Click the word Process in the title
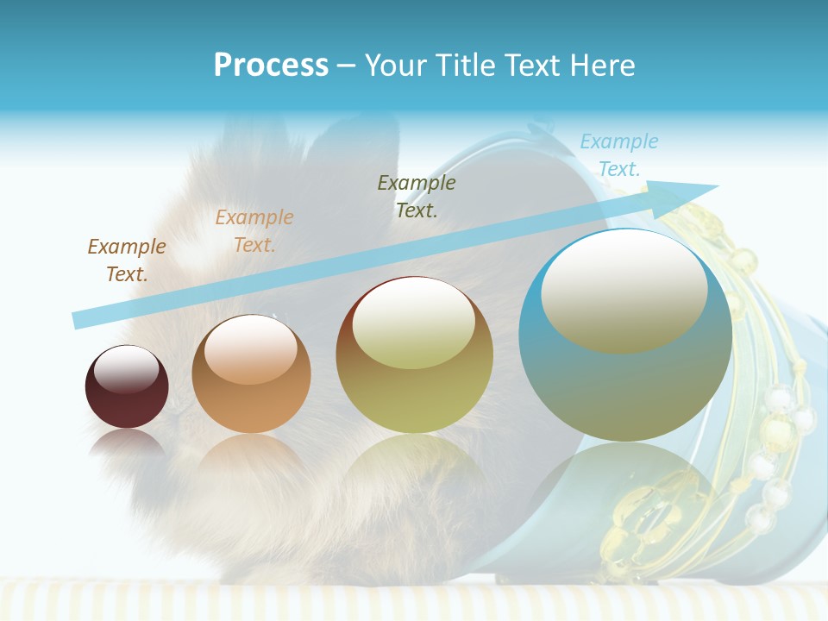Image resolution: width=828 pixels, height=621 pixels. [x=271, y=65]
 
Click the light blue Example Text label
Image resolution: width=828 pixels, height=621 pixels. [x=619, y=155]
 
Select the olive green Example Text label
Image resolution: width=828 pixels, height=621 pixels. [x=417, y=196]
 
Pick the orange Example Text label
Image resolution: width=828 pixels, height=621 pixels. [x=254, y=231]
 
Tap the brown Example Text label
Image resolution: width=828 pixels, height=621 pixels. [x=127, y=260]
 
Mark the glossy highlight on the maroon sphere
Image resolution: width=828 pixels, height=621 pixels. [x=127, y=369]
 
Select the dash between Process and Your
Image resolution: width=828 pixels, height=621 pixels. [x=347, y=66]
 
